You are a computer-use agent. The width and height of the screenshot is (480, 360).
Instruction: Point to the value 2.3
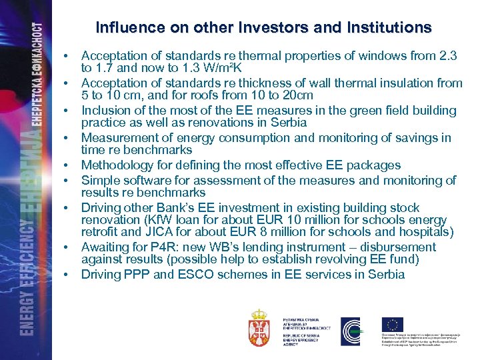[x=443, y=57]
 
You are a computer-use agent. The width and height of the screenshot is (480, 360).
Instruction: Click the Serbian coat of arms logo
[x=259, y=327]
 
